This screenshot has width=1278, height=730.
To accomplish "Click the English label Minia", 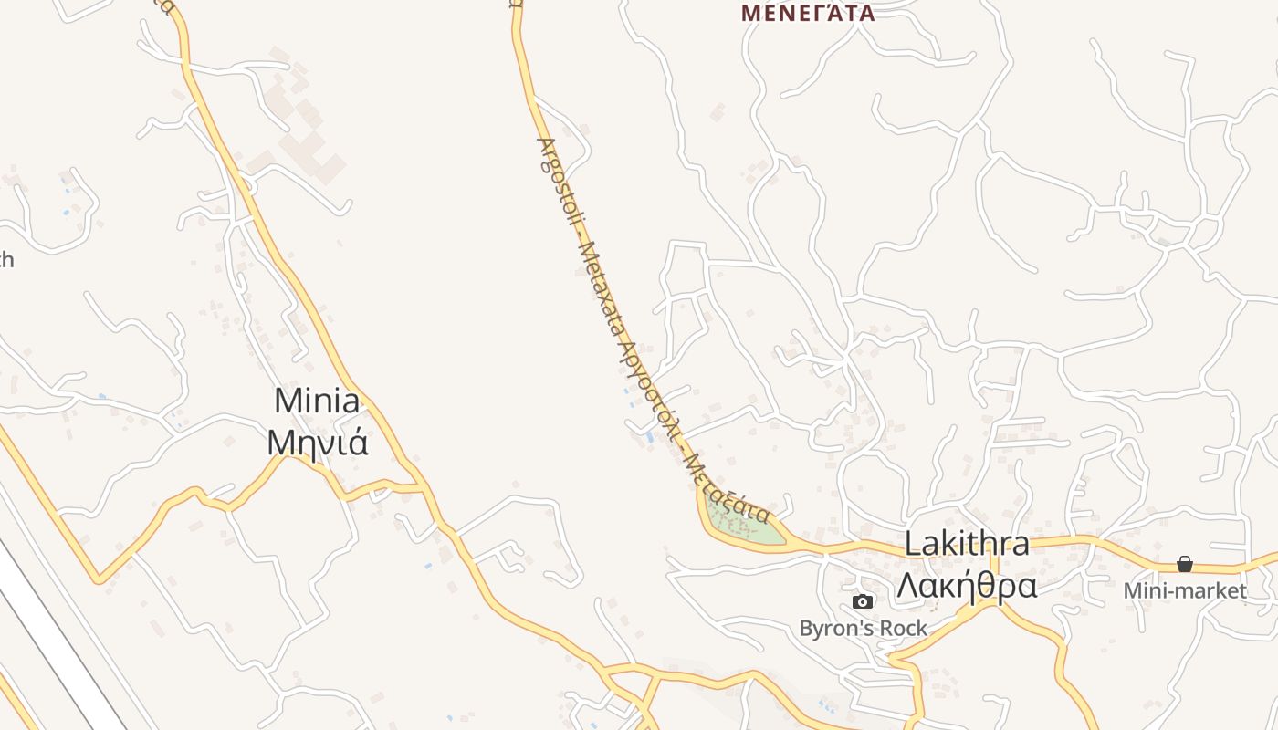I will [317, 401].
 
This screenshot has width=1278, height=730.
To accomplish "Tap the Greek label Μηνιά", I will [318, 442].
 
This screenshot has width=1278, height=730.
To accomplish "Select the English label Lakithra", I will [967, 544].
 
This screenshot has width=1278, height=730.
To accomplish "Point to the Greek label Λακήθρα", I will [967, 585].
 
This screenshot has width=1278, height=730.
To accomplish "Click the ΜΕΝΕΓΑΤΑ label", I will [808, 13].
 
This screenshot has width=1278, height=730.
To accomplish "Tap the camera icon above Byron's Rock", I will [863, 601].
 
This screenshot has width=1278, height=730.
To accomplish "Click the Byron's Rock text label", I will [863, 628].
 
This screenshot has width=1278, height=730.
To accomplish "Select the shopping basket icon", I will [1185, 564].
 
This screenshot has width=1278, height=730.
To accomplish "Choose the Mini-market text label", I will [1185, 590].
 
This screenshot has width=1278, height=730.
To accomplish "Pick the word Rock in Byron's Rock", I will [904, 628].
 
